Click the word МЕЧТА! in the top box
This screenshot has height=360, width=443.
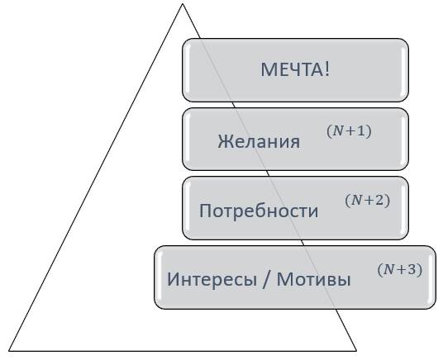pos(295,69)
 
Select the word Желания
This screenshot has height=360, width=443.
pos(259,141)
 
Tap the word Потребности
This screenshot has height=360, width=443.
pos(259,211)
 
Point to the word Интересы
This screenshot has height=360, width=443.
pos(212,280)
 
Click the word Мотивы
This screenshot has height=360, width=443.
pos(313,280)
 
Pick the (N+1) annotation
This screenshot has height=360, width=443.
pos(349,131)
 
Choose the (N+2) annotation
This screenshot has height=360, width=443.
pos(367,201)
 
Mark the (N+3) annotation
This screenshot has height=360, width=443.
pos(400,269)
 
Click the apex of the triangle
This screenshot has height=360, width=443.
pos(183,4)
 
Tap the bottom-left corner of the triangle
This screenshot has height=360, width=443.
pos(9,351)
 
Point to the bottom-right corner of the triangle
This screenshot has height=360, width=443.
pos(356,351)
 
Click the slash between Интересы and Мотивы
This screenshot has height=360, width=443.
pos(265,280)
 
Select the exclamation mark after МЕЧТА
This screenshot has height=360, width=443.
pos(327,69)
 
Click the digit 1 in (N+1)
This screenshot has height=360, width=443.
pos(361,131)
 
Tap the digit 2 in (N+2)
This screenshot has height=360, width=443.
pos(379,201)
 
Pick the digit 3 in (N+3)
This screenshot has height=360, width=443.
pos(412,269)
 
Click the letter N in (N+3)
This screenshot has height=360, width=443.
pos(389,270)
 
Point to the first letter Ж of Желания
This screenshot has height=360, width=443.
pos(223,141)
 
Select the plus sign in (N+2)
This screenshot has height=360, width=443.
pos(369,201)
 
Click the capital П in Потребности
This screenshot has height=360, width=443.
pos(205,211)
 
